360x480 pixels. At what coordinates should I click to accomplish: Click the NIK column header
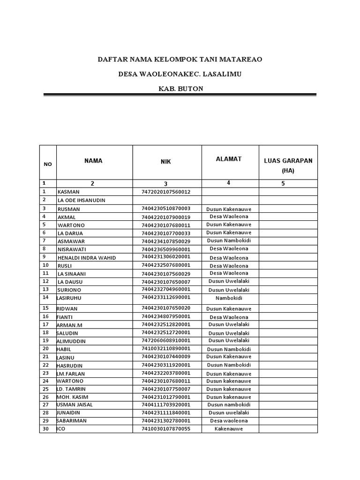tap(165, 162)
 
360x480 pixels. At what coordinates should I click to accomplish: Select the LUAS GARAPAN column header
tap(288, 161)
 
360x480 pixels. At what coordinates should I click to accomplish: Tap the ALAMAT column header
tap(228, 159)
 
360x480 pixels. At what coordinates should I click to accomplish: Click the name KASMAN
tap(68, 192)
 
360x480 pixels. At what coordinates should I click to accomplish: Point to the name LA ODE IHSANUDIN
tap(81, 200)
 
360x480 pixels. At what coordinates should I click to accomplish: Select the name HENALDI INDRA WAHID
tap(86, 258)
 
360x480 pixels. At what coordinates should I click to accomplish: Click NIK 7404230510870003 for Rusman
tap(165, 209)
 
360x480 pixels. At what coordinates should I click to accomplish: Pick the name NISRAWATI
tap(72, 249)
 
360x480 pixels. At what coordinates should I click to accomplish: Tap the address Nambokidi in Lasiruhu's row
tap(229, 298)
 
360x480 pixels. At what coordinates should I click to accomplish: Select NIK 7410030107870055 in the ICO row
tap(165, 429)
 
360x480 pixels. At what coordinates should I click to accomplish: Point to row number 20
tap(45, 349)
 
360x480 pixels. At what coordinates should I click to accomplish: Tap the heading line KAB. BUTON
tap(181, 89)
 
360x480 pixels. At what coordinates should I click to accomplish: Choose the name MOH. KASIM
tap(72, 397)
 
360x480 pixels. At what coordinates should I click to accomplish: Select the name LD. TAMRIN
tap(71, 389)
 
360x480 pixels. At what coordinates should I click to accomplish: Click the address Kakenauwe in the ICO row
tap(229, 429)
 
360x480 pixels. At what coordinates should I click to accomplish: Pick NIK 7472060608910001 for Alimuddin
tap(165, 341)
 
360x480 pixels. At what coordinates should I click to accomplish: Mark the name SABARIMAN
tap(71, 421)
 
